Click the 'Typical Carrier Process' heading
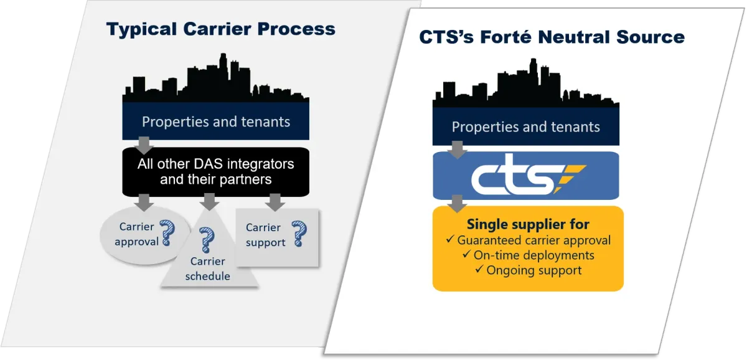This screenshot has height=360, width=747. tap(221, 29)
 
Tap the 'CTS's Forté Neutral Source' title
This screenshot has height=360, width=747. tap(552, 37)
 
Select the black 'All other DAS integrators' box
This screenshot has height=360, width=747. tap(216, 172)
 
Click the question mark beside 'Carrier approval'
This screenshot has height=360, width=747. tap(167, 233)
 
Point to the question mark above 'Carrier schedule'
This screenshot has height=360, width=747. tap(207, 240)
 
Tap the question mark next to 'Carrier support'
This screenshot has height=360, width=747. tap(299, 234)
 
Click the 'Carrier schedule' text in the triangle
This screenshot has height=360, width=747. tap(208, 268)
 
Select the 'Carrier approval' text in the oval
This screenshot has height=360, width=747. tap(137, 234)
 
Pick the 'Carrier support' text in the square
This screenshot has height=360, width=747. tap(265, 235)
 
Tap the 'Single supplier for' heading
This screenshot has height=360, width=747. tap(528, 224)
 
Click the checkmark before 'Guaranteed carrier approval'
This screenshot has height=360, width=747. tap(450, 239)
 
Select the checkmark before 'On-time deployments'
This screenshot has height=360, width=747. tap(466, 254)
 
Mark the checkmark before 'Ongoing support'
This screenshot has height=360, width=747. tap(479, 269)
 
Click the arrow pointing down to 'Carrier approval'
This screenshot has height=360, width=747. tap(144, 202)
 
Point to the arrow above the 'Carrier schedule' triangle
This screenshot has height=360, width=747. tap(209, 202)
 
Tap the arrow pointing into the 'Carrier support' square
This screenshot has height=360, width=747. tap(275, 202)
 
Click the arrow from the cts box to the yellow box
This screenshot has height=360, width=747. tap(457, 204)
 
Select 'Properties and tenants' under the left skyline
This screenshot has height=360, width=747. tap(216, 122)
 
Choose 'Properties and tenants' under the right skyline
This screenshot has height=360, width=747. tap(526, 127)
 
